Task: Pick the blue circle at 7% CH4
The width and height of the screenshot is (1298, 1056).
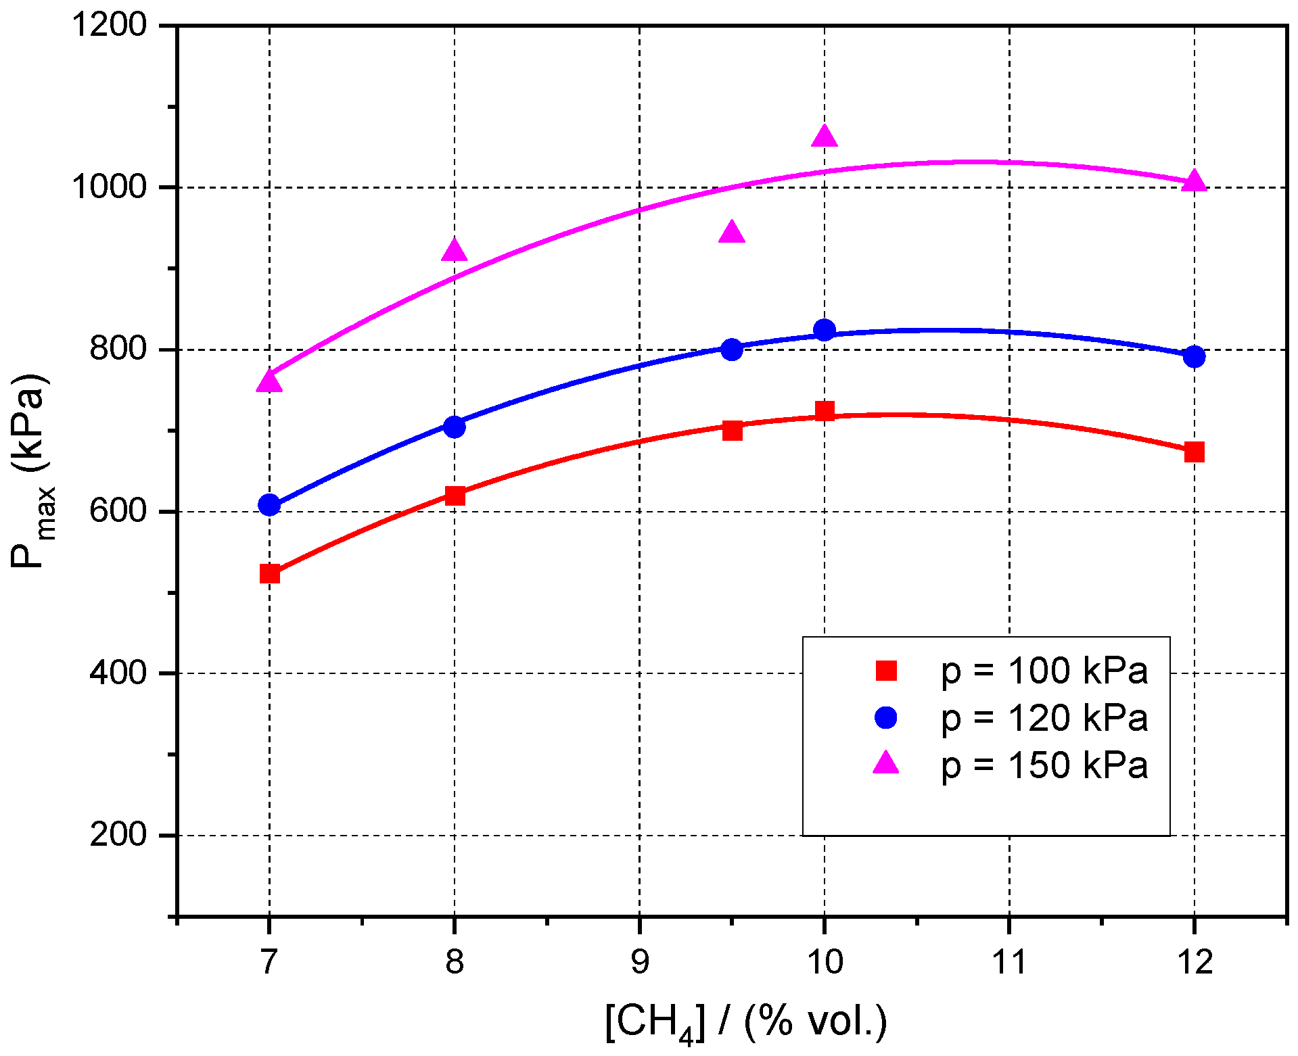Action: click(x=269, y=505)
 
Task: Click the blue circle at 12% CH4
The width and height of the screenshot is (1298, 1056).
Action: click(x=1195, y=356)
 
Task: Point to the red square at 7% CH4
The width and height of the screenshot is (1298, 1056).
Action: click(x=269, y=574)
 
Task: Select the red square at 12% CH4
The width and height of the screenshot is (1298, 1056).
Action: click(x=1195, y=452)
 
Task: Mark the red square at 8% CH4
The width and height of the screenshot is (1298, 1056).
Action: click(x=455, y=496)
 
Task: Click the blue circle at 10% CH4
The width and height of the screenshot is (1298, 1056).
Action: click(x=824, y=331)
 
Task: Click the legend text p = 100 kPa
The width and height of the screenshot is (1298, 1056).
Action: click(x=1044, y=671)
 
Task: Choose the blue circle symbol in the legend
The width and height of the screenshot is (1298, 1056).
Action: click(x=885, y=717)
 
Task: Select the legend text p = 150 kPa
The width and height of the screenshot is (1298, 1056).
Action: click(x=1044, y=765)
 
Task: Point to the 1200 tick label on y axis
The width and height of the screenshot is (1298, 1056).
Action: click(x=110, y=26)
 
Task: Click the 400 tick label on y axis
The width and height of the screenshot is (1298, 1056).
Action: click(x=118, y=673)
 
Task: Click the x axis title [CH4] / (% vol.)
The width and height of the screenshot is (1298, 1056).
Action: click(x=746, y=1022)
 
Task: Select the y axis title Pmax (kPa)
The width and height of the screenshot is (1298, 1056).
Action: click(x=31, y=471)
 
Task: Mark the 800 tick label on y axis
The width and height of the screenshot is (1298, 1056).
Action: click(x=118, y=350)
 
